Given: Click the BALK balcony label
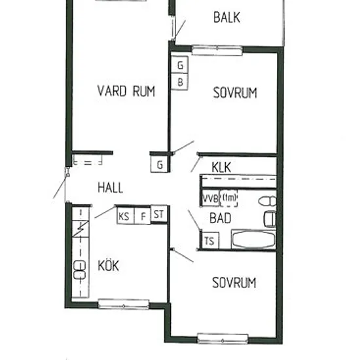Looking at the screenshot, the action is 226,18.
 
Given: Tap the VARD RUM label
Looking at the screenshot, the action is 126,91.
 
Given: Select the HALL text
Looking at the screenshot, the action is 111,187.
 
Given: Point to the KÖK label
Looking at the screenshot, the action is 109,265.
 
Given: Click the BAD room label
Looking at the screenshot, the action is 221,218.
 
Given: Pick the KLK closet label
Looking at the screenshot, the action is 221,167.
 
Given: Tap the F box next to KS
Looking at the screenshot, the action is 143,215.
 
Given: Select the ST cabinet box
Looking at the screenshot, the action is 159,214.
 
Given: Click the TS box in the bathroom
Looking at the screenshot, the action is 210,241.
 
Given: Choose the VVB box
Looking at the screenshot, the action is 210,198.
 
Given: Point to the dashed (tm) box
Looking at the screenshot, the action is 229,198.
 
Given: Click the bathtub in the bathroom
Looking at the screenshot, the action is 254,239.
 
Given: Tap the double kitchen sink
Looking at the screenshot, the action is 79,270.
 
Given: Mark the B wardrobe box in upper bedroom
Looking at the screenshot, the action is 180,82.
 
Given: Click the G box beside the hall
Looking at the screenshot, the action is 159,164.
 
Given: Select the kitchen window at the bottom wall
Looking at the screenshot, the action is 124,304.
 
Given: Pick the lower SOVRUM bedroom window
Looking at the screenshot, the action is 223,338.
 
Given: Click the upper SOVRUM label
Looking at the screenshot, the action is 235,93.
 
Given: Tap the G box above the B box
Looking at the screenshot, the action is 180,65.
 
